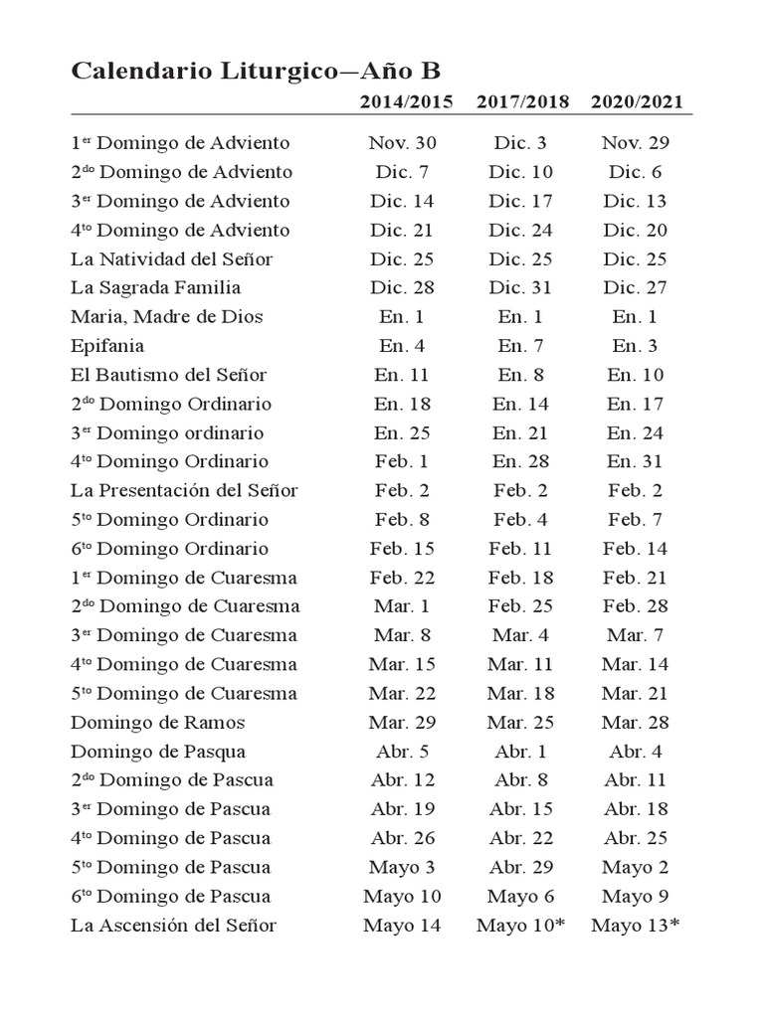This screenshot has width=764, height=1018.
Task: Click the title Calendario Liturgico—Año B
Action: coord(256,72)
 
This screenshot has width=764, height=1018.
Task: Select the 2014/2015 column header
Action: coord(406,102)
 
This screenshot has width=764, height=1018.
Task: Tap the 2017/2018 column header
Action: coord(522,102)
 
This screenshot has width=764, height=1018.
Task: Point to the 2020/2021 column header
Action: coord(637,102)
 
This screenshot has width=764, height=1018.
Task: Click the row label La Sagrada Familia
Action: coord(155,288)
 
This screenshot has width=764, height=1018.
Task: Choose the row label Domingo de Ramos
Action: coord(158,723)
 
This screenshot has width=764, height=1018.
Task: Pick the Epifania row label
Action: coord(107,346)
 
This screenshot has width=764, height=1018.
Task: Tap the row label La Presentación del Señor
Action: coord(185,491)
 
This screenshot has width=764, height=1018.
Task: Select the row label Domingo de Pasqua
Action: coord(158,752)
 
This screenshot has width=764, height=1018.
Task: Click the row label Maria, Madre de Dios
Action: coord(167,317)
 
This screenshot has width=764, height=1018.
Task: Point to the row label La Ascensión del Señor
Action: coord(174,926)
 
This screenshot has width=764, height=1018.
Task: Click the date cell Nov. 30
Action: coord(402,143)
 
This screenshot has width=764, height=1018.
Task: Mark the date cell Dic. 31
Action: coord(521,288)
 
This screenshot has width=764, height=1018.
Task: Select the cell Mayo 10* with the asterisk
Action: coord(521,926)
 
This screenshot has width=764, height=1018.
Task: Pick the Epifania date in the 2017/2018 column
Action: coord(521,346)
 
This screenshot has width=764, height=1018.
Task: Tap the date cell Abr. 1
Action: coord(521,752)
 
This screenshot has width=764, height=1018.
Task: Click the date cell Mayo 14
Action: coord(402,926)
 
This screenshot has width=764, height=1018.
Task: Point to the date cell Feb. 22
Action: coord(402,578)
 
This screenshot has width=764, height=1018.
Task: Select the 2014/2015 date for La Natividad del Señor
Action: coord(402,259)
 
